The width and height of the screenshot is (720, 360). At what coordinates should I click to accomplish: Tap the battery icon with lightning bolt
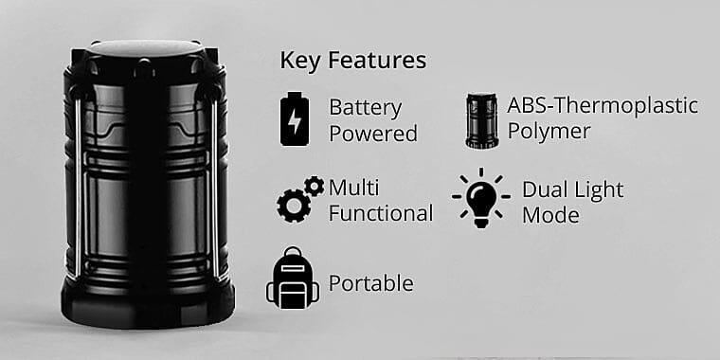click(x=295, y=119)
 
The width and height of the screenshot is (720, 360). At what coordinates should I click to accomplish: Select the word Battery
click(x=366, y=107)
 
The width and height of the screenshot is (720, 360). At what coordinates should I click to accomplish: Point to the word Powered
click(x=373, y=134)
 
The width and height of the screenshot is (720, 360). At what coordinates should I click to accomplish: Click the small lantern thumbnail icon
click(x=481, y=120)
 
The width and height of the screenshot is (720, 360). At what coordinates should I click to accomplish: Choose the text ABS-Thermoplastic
click(x=603, y=104)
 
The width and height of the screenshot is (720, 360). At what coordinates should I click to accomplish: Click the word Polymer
click(x=549, y=131)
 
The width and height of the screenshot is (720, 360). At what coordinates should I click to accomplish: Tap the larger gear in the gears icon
click(x=293, y=205)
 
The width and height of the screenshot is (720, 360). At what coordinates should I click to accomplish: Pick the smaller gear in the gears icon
click(x=315, y=186)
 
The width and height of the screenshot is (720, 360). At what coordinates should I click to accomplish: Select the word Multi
click(x=353, y=187)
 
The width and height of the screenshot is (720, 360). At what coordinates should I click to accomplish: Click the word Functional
click(x=381, y=213)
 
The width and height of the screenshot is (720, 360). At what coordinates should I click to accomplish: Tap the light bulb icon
click(x=481, y=199)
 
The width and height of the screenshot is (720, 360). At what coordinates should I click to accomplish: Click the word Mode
click(x=550, y=215)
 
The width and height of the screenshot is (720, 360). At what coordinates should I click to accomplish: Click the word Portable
click(x=370, y=283)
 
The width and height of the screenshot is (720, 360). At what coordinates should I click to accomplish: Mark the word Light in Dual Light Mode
click(x=599, y=189)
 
